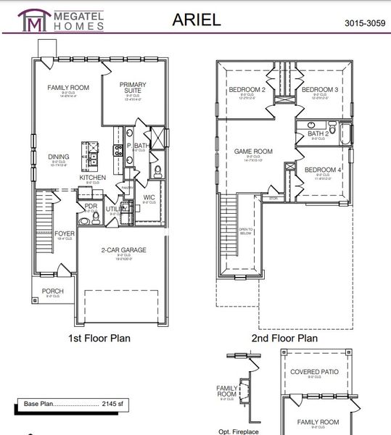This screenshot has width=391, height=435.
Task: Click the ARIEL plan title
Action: [197, 20]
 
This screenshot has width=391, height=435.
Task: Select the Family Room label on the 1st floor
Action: [68, 88]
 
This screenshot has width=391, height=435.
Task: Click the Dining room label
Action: [59, 157]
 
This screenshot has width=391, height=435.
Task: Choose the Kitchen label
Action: [93, 178]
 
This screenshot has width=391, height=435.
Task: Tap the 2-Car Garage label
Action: [123, 250]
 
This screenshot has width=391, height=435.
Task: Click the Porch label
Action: [52, 291]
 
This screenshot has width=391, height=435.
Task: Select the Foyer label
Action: [65, 233]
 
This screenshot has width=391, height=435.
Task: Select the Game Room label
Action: [253, 152]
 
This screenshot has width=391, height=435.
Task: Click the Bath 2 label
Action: [318, 133]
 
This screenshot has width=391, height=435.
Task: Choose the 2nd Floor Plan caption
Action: [284, 338]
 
